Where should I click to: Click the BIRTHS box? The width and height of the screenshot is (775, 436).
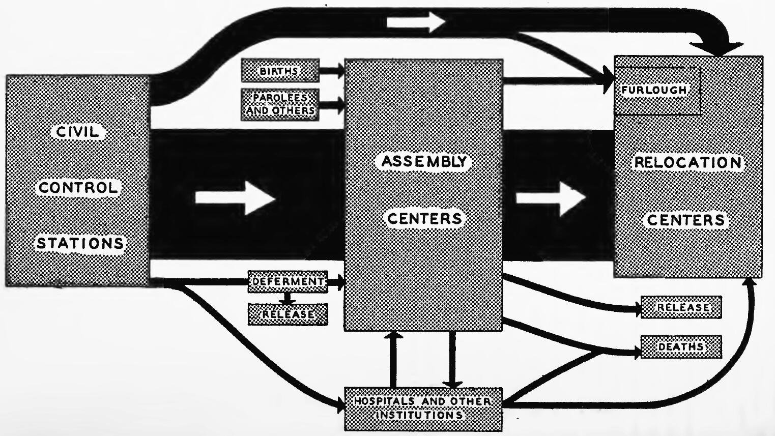280,71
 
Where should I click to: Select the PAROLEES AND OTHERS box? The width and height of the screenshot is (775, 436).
280,104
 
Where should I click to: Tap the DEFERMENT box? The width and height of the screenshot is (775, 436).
288,281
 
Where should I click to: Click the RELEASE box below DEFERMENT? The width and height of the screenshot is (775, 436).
288,314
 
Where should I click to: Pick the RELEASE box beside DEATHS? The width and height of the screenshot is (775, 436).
681,307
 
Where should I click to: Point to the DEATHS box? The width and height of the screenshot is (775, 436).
681,346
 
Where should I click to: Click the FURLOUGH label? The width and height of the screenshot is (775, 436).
654,90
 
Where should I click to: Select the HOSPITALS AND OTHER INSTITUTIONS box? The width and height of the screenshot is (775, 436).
423,409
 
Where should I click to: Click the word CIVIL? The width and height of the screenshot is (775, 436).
77,132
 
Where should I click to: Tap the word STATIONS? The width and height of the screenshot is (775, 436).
80,243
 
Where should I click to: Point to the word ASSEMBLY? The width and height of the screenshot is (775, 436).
424,162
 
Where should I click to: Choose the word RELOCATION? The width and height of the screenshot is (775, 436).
687,163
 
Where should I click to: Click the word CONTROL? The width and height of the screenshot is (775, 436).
78,188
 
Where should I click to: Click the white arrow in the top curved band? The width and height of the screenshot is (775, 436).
415,22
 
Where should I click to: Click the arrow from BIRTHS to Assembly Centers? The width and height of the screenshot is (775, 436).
332,71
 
